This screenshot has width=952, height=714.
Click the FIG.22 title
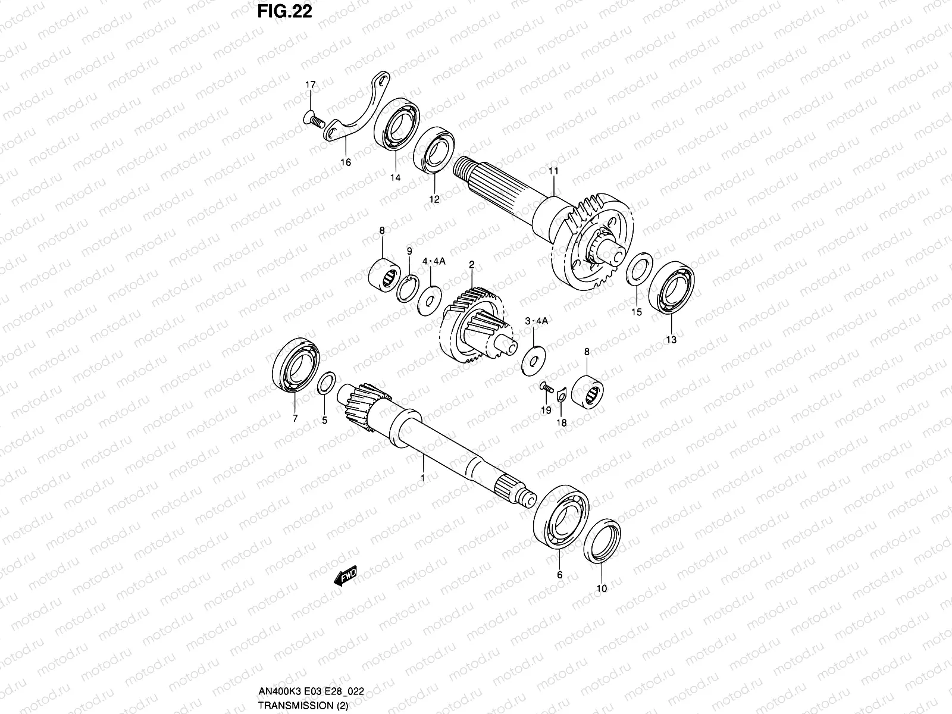pos(284,11)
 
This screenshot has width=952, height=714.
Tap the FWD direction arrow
pos(345,575)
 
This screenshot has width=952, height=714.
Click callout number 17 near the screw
pos(310,86)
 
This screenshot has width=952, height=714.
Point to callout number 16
pos(346,162)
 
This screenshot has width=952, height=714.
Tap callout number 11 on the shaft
pos(553,171)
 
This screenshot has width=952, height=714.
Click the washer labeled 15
pos(639,270)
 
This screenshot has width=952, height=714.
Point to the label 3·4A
pos(535,321)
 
